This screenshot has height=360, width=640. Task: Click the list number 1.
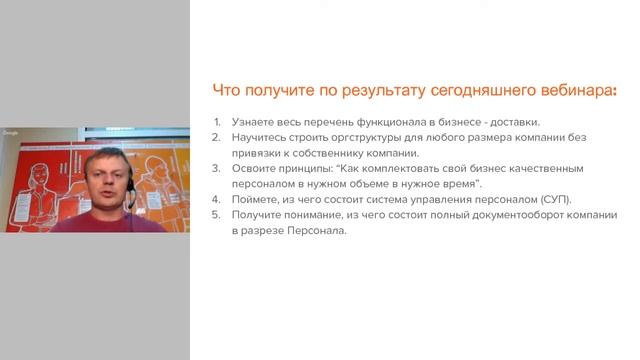point(217,122)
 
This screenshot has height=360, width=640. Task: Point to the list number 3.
point(217,169)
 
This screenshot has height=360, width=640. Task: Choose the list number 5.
point(217,215)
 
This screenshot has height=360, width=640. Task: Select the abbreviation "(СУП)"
point(553,200)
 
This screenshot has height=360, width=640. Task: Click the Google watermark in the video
point(11,133)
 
